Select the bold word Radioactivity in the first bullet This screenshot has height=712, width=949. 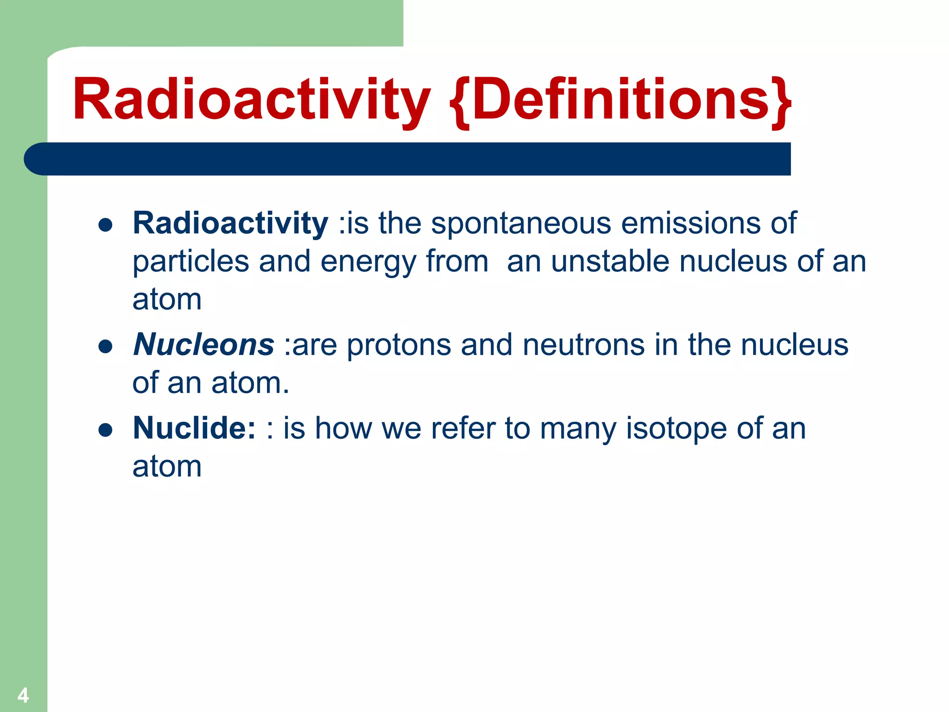[x=230, y=223]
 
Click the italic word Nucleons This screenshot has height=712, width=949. [x=203, y=345]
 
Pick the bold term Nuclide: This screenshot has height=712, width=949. [x=194, y=428]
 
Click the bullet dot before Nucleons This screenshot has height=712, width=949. [x=106, y=347]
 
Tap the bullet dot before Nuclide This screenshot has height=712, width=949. [x=106, y=430]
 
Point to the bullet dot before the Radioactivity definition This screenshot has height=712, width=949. [x=106, y=225]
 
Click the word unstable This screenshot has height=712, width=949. [x=610, y=261]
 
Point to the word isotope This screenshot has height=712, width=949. [x=676, y=429]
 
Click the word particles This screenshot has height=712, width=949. [x=191, y=261]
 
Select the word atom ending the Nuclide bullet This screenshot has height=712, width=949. [x=167, y=466]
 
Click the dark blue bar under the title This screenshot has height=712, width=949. [x=408, y=159]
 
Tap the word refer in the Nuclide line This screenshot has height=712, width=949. [x=463, y=428]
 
